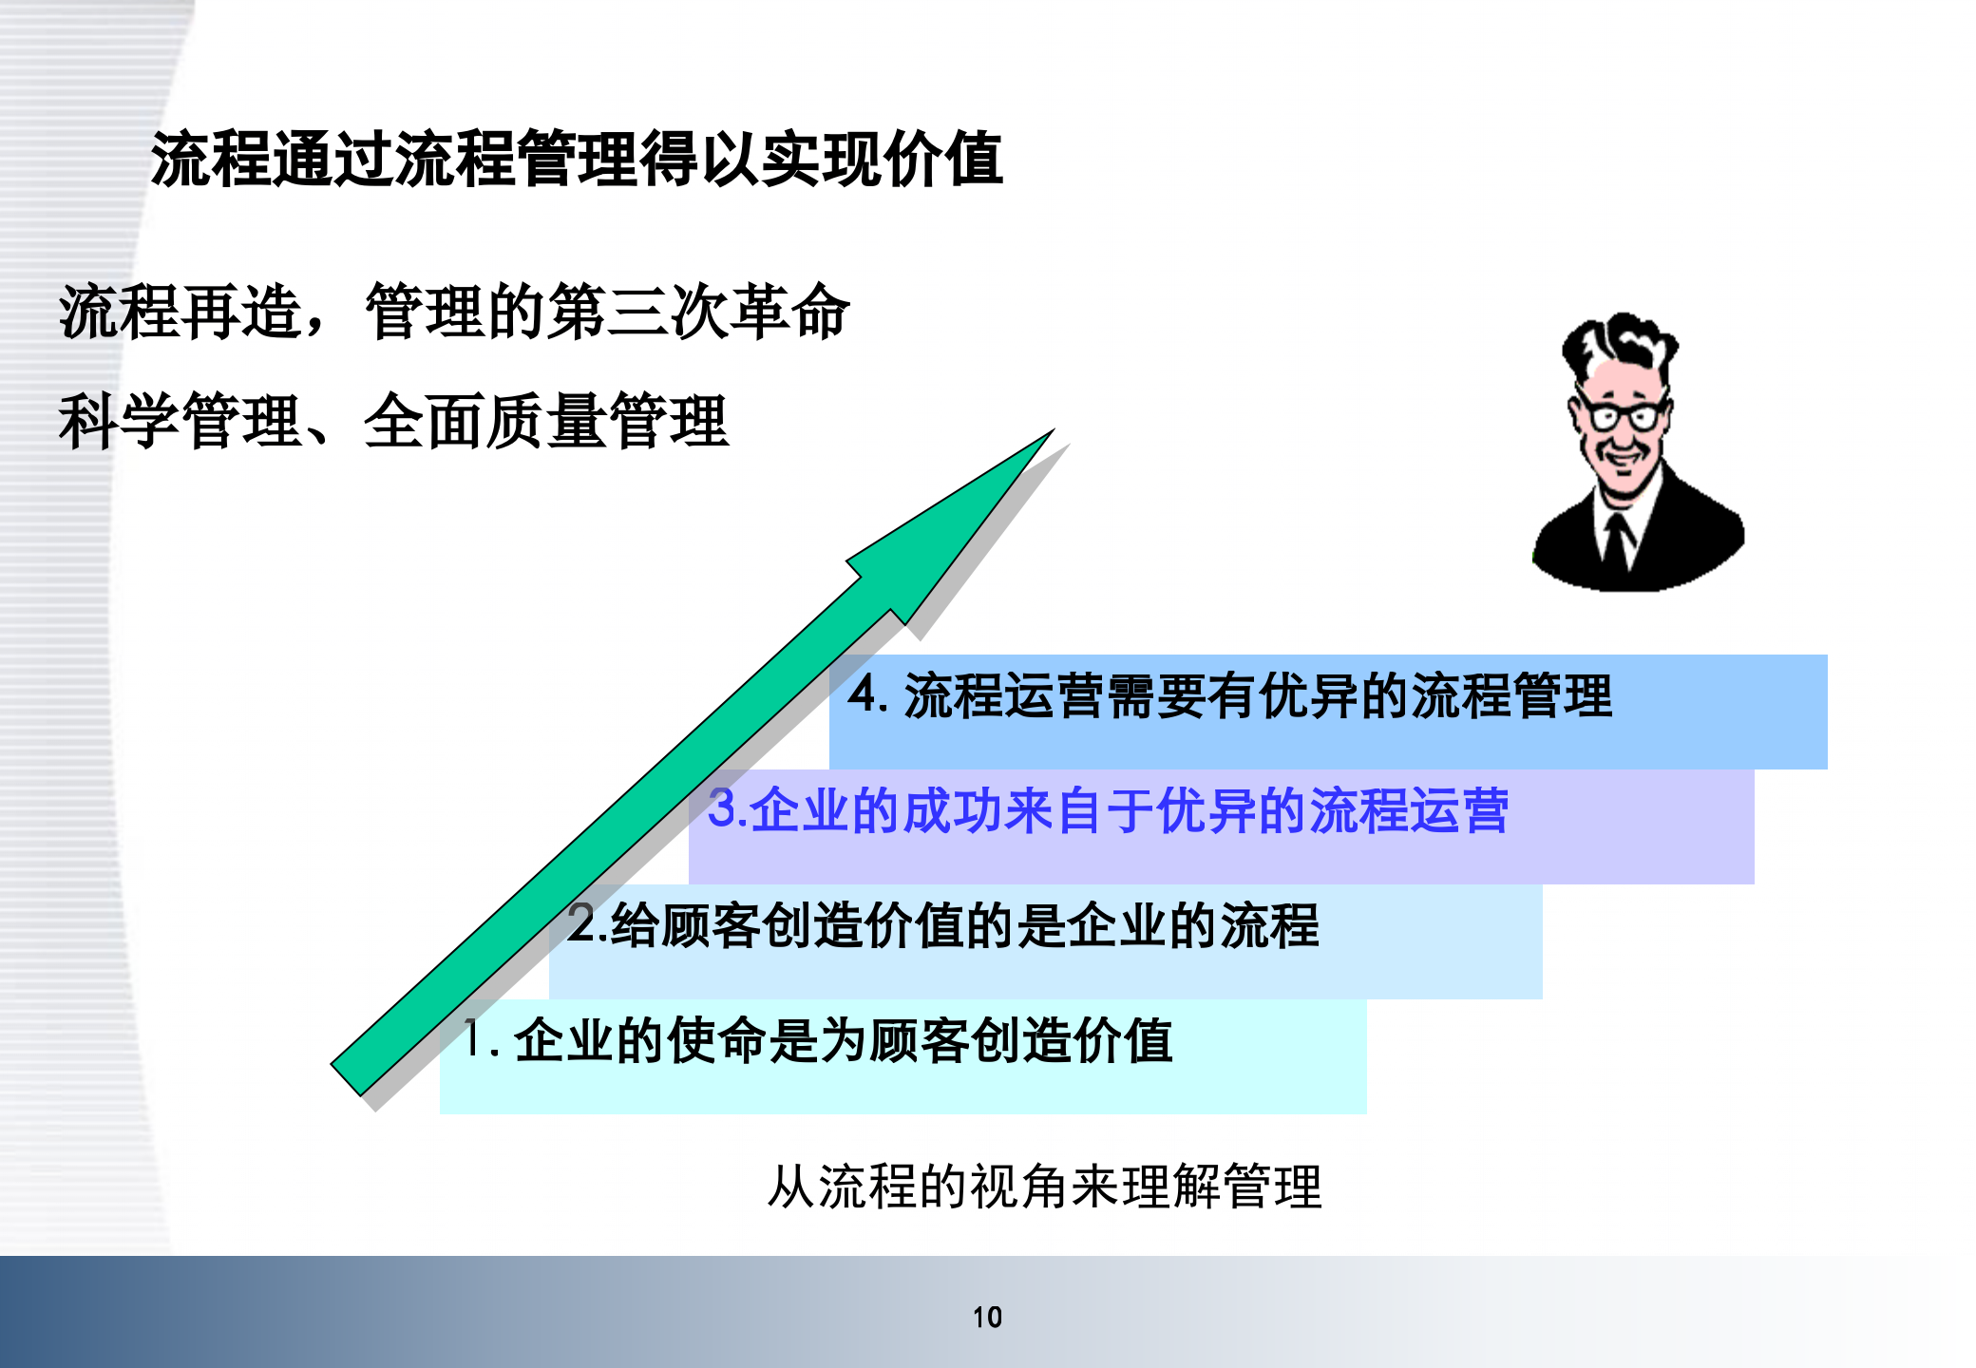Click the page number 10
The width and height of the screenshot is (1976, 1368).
click(987, 1317)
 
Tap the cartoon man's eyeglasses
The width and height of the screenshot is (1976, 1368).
click(1623, 416)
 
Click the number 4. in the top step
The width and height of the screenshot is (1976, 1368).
click(867, 693)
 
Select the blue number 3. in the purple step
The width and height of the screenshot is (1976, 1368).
click(726, 808)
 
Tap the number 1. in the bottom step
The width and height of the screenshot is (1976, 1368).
click(480, 1038)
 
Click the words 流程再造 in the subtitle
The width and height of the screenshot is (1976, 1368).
click(180, 312)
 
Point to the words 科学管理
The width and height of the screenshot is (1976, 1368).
click(180, 422)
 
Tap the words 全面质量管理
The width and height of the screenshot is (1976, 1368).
click(545, 422)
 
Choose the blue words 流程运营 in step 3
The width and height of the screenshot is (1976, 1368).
click(1409, 810)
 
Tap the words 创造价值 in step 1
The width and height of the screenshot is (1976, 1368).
click(1072, 1040)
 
